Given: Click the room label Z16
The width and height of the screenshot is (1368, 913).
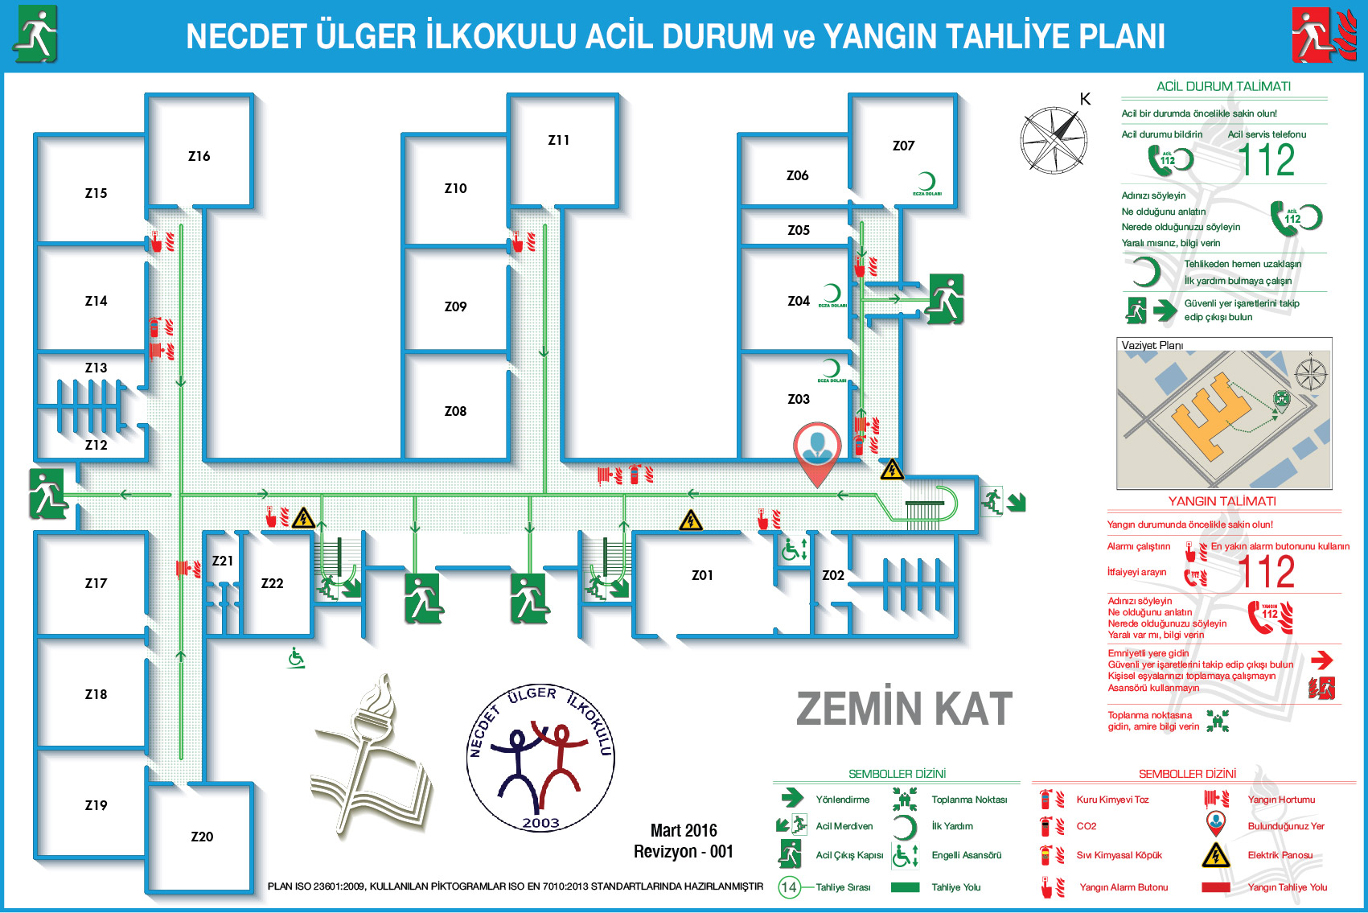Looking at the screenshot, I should click(x=199, y=156).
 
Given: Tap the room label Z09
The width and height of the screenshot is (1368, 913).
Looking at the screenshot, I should click(x=455, y=306).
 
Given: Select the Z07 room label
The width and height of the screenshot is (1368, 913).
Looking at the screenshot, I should click(x=903, y=146).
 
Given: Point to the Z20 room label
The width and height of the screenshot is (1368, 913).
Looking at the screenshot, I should click(x=202, y=837).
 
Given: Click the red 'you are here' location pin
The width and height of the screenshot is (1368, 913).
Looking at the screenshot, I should click(x=817, y=450).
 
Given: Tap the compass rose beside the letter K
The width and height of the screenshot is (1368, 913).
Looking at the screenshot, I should click(x=1054, y=140).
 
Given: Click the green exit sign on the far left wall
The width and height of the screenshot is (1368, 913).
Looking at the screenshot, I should click(x=47, y=493).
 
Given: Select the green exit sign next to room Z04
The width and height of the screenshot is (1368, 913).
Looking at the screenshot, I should click(x=946, y=298).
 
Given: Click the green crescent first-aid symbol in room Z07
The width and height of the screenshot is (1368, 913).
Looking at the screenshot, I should click(x=926, y=183).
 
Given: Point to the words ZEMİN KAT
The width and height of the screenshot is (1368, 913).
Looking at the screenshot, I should click(x=904, y=709).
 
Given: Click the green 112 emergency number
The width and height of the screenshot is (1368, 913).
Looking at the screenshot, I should click(x=1267, y=160).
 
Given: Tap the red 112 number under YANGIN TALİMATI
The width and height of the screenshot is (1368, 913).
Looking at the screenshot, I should click(x=1267, y=573).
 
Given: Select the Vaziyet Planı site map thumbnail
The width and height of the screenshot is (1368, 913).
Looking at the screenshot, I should click(x=1223, y=413).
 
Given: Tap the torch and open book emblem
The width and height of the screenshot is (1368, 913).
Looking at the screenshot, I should click(x=372, y=756).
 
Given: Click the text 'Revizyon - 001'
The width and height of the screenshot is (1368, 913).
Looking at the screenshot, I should click(x=683, y=851).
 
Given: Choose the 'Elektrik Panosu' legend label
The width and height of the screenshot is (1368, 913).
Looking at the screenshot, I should click(x=1280, y=855).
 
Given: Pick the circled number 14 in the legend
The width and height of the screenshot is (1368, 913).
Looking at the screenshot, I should click(x=789, y=887).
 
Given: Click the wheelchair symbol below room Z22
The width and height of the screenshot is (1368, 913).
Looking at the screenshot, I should click(x=296, y=658).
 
